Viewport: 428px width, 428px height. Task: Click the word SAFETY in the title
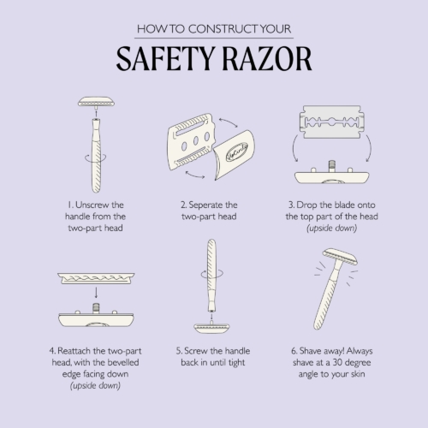[165, 59]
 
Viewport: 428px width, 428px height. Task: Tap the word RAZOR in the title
[267, 59]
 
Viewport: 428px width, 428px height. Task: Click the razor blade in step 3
[332, 122]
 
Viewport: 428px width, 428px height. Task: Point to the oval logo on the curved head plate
[237, 152]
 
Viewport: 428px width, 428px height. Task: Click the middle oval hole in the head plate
[196, 140]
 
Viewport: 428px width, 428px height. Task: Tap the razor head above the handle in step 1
[96, 102]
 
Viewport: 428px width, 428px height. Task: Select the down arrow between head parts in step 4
[96, 293]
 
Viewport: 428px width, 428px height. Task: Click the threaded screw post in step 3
[331, 166]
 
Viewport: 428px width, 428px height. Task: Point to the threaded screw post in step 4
[96, 308]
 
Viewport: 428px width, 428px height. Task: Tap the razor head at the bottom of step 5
[211, 328]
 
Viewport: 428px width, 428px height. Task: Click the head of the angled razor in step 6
[340, 256]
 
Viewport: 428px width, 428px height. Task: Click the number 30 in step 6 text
[337, 362]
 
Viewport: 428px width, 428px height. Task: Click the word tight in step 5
[237, 363]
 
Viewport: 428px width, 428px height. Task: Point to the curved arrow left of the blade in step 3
[294, 148]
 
